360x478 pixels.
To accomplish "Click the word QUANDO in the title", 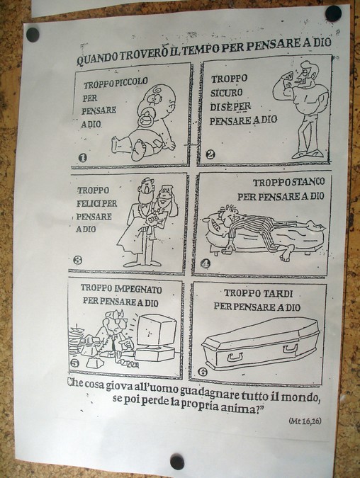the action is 97,59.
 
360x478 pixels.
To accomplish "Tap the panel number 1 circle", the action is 82,158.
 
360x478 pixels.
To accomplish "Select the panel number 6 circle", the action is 203,372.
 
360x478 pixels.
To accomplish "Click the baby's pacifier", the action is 145,120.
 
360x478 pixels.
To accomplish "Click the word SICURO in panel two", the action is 226,93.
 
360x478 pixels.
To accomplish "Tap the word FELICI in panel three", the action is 91,204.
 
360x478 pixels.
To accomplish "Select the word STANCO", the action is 308,182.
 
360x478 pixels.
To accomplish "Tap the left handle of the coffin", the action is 235,356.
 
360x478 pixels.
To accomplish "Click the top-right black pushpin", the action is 333,13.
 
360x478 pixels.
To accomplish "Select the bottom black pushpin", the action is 177,462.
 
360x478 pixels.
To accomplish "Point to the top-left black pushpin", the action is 33,35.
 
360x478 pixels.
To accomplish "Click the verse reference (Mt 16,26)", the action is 305,421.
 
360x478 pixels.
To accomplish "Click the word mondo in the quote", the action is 300,397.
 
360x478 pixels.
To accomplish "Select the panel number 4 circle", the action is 206,263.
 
